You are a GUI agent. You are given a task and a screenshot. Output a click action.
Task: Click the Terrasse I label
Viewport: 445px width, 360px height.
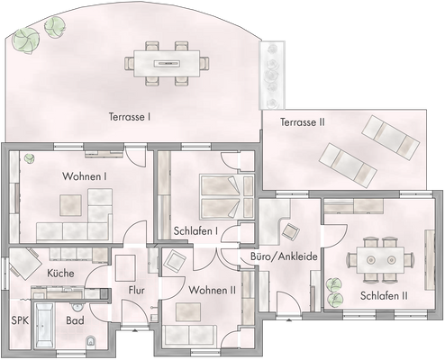pos(129,116)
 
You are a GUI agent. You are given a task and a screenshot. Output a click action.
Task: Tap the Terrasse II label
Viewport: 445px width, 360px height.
pos(302,121)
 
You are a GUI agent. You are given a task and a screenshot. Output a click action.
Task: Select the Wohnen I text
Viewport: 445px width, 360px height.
pos(85,177)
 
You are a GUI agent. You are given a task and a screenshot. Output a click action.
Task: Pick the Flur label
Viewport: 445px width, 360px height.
pos(137,291)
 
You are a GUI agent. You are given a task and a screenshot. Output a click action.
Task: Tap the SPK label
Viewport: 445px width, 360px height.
pos(19,320)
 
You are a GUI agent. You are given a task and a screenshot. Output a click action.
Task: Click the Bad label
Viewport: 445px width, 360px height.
pos(75,320)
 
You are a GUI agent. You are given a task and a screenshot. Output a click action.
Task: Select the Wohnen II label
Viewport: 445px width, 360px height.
pos(212,290)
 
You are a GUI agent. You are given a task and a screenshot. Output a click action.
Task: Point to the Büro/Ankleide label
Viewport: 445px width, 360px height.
pos(284,256)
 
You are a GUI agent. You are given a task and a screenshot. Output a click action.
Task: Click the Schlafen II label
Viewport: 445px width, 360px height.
pos(384,296)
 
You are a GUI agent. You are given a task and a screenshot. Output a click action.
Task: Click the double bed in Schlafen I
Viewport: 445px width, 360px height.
pos(222,195)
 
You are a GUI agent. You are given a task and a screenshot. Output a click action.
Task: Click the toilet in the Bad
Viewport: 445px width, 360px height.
pos(92,342)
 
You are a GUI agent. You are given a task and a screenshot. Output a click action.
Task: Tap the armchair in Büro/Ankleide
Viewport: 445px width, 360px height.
pos(290,229)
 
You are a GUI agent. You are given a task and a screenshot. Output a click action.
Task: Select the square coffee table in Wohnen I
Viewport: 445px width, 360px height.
pos(71,206)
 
